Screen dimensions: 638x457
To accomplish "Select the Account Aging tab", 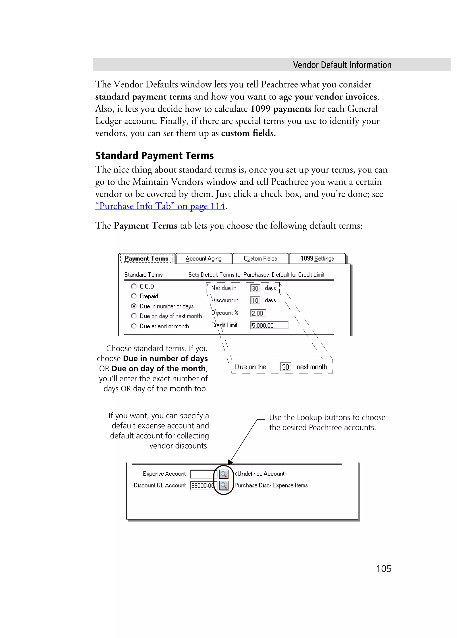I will [x=204, y=258].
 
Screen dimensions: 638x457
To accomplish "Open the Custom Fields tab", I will [x=260, y=258].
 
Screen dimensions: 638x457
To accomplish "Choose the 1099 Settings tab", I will [x=317, y=258].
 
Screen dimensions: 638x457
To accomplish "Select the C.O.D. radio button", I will [x=134, y=286].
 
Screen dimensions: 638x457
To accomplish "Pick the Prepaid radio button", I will [x=134, y=296].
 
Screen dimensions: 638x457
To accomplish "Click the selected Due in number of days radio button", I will [x=134, y=306].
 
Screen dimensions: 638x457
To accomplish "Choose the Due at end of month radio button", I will [x=134, y=326].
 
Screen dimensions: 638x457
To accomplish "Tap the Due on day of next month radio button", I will [x=134, y=316].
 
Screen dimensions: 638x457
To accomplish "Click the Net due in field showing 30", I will [x=255, y=288].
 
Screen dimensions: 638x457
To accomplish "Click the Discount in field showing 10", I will [x=255, y=300].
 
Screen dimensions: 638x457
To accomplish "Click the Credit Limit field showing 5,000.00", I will [x=269, y=325].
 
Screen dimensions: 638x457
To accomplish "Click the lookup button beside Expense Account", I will [x=224, y=474].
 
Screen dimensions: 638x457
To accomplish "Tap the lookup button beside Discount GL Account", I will [x=224, y=486].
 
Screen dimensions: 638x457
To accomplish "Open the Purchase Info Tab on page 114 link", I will [x=160, y=206].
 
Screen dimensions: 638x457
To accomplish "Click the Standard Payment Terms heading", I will [x=154, y=156].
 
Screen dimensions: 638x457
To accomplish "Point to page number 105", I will [x=384, y=569].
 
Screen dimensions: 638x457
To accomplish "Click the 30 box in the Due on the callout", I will [x=285, y=367].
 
